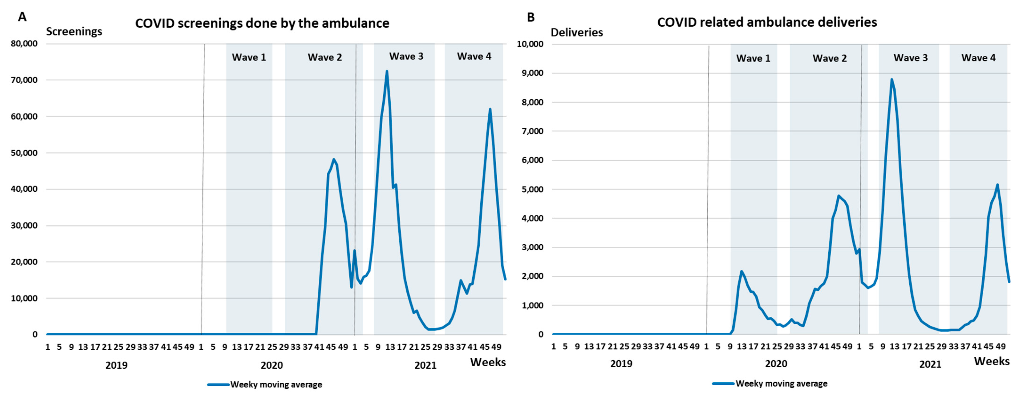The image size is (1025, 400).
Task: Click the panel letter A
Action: (x=22, y=17)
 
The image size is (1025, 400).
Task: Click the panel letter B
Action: (x=531, y=17)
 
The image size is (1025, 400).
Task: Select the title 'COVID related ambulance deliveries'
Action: (x=767, y=22)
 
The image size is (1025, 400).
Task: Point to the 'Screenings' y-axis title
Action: (x=74, y=32)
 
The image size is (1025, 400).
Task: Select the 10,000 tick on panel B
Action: (x=530, y=44)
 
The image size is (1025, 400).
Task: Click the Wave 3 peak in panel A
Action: (x=387, y=72)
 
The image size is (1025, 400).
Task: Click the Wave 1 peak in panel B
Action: (x=741, y=271)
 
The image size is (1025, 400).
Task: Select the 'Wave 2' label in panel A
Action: (x=325, y=57)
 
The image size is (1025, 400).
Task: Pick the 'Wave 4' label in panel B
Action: (x=978, y=58)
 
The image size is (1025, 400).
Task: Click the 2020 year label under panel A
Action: (x=272, y=365)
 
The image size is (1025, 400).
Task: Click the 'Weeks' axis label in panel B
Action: (x=992, y=361)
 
